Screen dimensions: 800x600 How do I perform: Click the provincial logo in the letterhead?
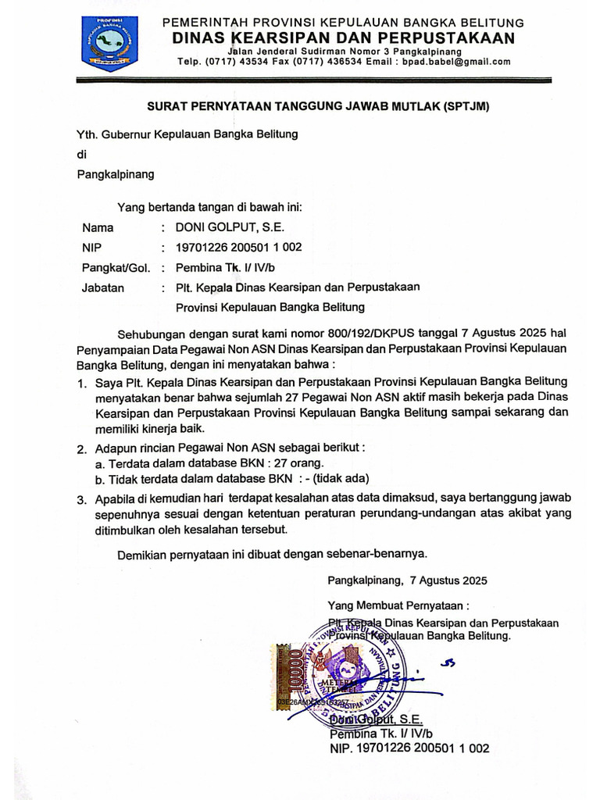[109, 43]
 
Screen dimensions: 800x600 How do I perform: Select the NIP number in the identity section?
[238, 248]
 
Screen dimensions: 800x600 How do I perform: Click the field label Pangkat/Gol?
[116, 268]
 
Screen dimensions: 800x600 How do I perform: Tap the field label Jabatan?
[102, 287]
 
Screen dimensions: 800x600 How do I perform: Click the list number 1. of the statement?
[81, 383]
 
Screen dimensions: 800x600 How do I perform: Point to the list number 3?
[81, 499]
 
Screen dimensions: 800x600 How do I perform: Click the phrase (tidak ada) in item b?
[342, 478]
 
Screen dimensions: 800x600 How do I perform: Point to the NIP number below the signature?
[409, 748]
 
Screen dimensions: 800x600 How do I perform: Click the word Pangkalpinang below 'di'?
[115, 174]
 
